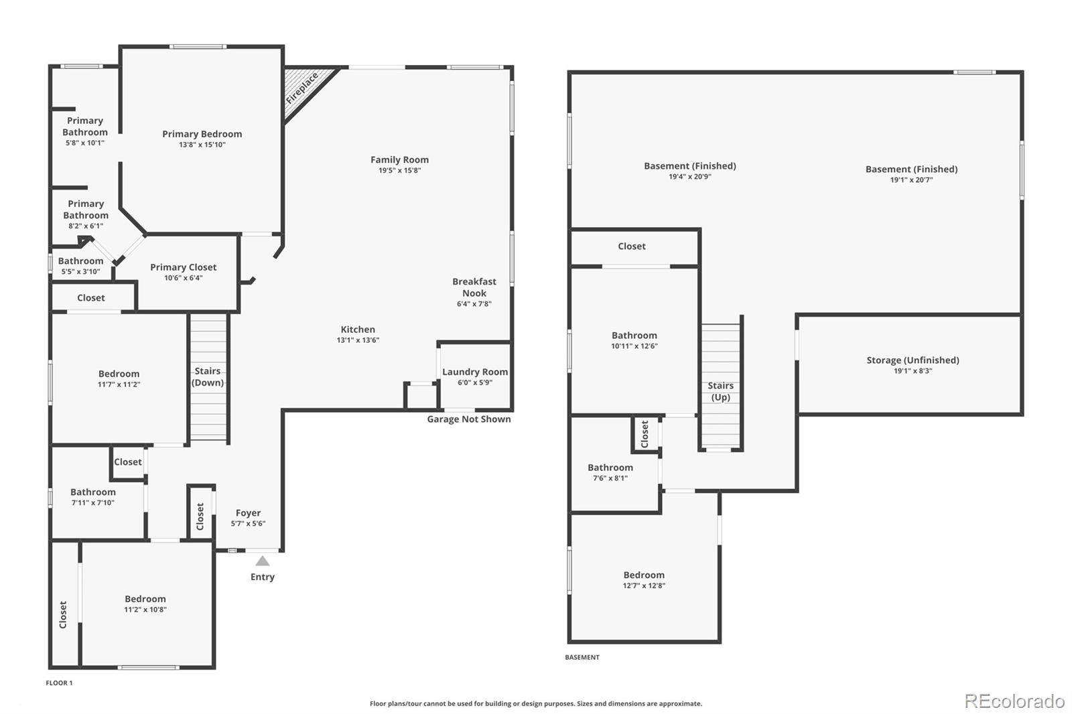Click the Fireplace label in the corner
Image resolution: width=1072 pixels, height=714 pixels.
coord(302,88)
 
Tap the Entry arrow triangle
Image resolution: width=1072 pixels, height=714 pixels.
coord(263,561)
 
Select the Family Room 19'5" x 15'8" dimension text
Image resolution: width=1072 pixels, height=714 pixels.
coord(399,171)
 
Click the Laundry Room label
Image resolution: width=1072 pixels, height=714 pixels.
coord(475,372)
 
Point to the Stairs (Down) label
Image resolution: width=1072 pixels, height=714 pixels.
coord(208,376)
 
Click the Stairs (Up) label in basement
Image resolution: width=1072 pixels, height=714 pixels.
coord(720,391)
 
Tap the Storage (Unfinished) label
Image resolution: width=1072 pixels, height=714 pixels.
coord(913,360)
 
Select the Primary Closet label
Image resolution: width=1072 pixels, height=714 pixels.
coord(183,267)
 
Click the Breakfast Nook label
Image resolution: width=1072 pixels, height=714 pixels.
coord(474,287)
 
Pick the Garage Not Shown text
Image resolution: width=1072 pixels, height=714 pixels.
coord(469,419)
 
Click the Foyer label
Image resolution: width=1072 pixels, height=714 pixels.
coord(248,513)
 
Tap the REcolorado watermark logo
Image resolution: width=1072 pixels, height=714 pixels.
coord(1014,701)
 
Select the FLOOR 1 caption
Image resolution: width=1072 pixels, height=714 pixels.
coord(59,683)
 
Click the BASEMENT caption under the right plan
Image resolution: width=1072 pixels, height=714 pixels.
coord(582,658)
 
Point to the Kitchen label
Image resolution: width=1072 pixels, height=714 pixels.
coord(358,330)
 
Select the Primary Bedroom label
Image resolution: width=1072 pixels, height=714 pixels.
coord(202,134)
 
